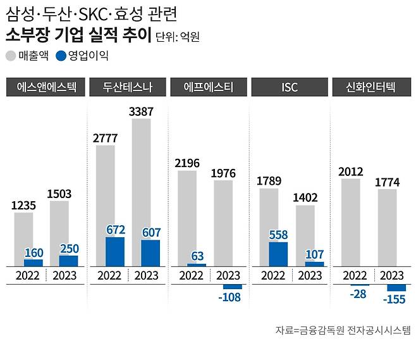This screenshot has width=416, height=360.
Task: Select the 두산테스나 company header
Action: tap(127, 87)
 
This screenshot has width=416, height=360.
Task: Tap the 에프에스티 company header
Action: tap(209, 87)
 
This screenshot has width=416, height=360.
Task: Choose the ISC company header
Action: tap(290, 87)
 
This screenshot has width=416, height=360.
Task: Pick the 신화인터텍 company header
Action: tap(372, 87)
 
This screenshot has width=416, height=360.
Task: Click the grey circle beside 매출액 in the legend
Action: tap(11, 56)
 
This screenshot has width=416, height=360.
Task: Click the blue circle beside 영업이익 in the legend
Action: tap(61, 56)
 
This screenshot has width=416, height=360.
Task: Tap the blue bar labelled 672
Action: tap(115, 251)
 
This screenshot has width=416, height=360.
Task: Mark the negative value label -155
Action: tap(396, 299)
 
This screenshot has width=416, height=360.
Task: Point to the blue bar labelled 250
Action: tap(68, 261)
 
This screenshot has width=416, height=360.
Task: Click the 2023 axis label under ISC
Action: tap(310, 276)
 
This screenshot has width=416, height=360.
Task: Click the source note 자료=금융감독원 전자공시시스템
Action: tap(342, 330)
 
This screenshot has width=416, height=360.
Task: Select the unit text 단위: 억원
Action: tap(178, 37)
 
